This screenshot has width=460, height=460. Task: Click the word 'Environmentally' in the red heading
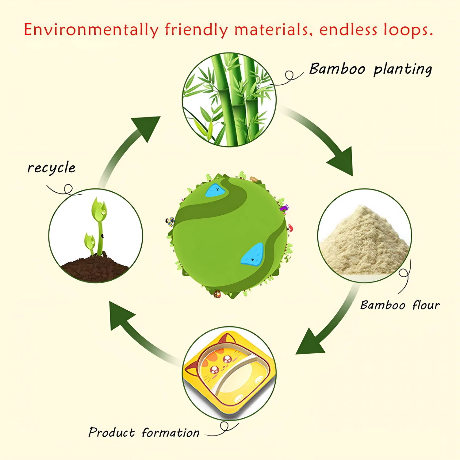coord(91,30)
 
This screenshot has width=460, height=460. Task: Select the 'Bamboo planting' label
coord(370,69)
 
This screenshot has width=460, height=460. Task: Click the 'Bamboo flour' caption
coord(400,305)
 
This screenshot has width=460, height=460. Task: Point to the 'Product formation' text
coord(144,432)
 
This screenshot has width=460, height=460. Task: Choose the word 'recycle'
coord(51,168)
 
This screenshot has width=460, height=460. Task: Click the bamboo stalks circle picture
coord(229,100)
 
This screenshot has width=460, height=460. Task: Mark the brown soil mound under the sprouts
coord(95,267)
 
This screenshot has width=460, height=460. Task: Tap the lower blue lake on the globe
coord(253,254)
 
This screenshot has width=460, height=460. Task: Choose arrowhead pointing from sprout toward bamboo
coord(148,127)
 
